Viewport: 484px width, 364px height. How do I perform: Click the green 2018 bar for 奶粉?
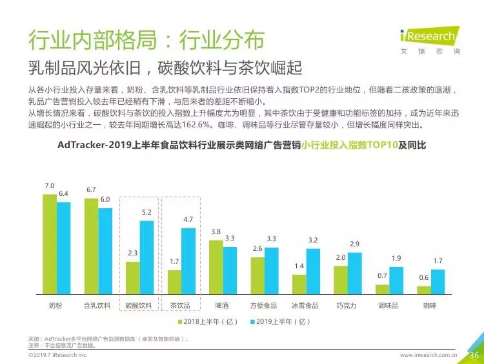[50, 244]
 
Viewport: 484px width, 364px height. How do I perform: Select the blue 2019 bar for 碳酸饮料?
[146, 257]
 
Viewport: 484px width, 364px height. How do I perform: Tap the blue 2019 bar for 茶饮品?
[188, 261]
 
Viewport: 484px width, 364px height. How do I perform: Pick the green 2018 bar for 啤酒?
[216, 267]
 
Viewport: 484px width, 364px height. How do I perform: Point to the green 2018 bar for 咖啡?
[424, 290]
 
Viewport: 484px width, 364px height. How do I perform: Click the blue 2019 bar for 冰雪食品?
[313, 272]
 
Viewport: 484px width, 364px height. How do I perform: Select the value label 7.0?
[50, 186]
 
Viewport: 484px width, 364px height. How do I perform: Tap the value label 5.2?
[146, 213]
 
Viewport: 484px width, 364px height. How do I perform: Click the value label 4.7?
[188, 220]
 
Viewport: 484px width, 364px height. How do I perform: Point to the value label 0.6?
[424, 278]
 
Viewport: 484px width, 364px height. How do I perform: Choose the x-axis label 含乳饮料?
[97, 306]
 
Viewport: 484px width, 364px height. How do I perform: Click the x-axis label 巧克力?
[347, 306]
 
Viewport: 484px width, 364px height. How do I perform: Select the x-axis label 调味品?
[388, 306]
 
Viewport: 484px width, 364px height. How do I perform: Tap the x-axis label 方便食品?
[263, 306]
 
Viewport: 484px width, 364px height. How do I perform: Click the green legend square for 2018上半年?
[180, 322]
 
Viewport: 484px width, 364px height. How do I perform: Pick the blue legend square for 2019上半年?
[252, 322]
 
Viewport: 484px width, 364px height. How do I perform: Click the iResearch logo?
[430, 40]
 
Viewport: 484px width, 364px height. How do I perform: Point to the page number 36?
[474, 356]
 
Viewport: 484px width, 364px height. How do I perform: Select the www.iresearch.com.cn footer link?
[429, 355]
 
